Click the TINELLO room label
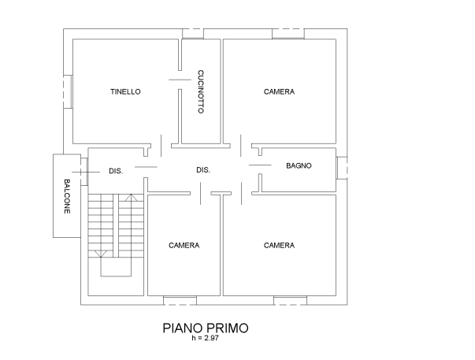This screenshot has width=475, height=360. click(125, 93)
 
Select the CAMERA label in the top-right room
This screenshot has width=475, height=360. click(279, 93)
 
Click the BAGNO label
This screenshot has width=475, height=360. click(299, 165)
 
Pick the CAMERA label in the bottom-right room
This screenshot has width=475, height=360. click(279, 246)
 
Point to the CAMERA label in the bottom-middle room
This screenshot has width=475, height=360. click(184, 246)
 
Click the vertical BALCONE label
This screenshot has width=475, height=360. click(67, 196)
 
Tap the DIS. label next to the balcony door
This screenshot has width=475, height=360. click(115, 170)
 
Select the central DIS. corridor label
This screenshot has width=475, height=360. click(202, 170)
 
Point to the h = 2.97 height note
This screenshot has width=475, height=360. click(203, 338)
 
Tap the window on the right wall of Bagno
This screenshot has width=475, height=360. click(340, 168)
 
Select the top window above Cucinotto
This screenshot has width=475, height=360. click(192, 33)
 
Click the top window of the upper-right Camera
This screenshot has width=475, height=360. click(288, 34)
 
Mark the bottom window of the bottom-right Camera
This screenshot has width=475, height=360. click(289, 300)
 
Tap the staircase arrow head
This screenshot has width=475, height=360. click(100, 254)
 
